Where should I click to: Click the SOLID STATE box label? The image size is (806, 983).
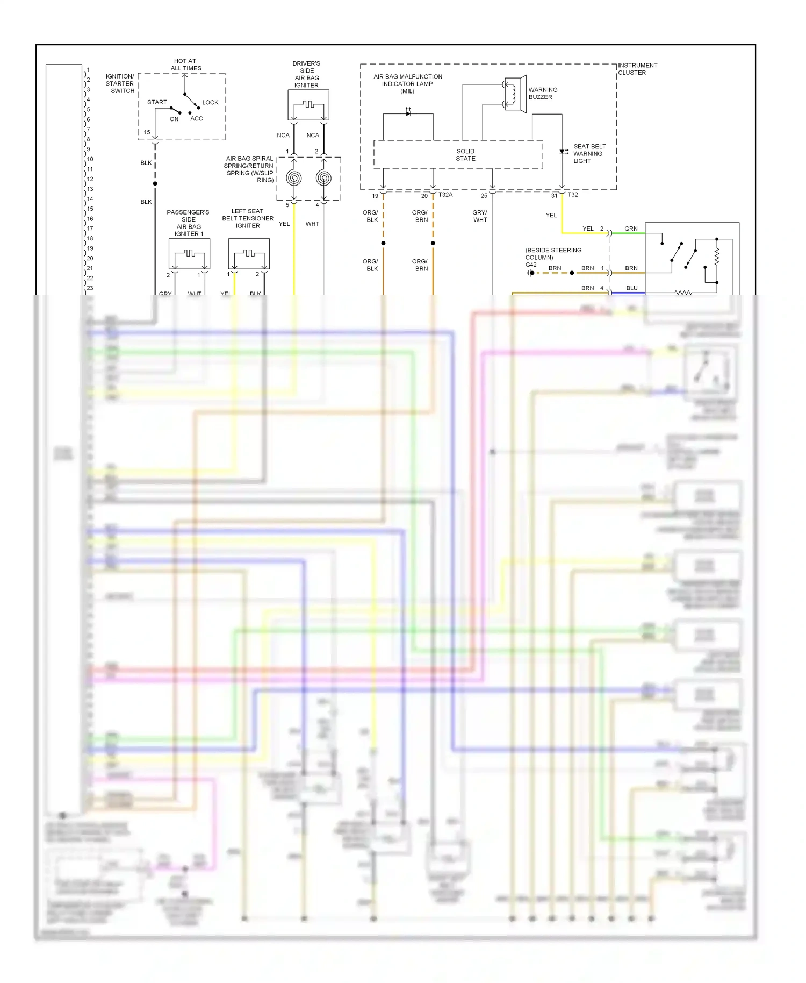click(465, 155)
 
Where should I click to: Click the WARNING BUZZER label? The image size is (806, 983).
click(542, 94)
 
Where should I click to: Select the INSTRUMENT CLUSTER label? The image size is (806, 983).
click(637, 69)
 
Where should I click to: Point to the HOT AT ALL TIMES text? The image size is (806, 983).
click(186, 65)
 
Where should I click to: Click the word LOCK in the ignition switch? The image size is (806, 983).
click(210, 102)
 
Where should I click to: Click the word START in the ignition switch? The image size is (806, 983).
click(157, 102)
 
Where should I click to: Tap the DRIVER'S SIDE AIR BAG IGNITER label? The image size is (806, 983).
click(306, 74)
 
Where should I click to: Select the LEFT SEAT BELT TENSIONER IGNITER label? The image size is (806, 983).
click(248, 218)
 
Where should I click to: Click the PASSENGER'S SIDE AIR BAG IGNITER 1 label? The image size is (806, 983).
click(188, 223)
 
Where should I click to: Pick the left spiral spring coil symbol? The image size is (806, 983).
click(294, 177)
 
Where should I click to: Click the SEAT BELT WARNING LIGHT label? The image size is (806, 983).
click(589, 154)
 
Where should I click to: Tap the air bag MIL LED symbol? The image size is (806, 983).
click(408, 113)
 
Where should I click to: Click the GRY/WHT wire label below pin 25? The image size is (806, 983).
click(480, 216)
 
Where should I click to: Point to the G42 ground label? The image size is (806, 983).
click(531, 265)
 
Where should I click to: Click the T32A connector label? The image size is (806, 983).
click(445, 195)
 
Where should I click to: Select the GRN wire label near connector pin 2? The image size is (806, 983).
click(631, 229)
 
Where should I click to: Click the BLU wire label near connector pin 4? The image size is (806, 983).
click(632, 288)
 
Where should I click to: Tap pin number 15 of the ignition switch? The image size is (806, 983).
click(147, 132)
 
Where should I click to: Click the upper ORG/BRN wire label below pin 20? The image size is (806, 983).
click(420, 216)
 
